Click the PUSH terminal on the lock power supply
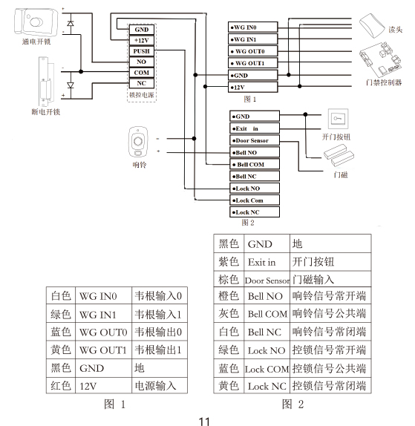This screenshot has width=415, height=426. pos(141,51)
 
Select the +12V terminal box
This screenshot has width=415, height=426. pos(141,41)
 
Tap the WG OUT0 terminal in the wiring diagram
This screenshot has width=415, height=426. pos(252,51)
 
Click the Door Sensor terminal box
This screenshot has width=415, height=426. pos(255,140)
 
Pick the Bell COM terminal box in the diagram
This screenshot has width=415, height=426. pos(255,164)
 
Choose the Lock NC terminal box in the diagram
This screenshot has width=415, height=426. pos(255,212)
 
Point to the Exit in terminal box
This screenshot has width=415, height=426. pos(255,128)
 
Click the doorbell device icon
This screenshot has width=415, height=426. pos(138,142)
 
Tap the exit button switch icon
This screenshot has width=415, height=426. pos(338,119)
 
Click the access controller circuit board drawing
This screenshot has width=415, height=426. pos(380,59)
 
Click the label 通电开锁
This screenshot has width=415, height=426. pos(36,42)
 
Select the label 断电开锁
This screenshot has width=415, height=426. pos(46,111)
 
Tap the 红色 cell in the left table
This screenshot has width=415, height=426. pos(61,386)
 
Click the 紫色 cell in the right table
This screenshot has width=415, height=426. pos(229,262)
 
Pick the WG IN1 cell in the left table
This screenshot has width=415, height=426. pos(103,315)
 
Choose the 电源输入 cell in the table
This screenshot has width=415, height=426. pos(160,386)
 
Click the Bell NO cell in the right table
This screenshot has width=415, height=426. pos(267,296)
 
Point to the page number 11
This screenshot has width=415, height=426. pos(204,421)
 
